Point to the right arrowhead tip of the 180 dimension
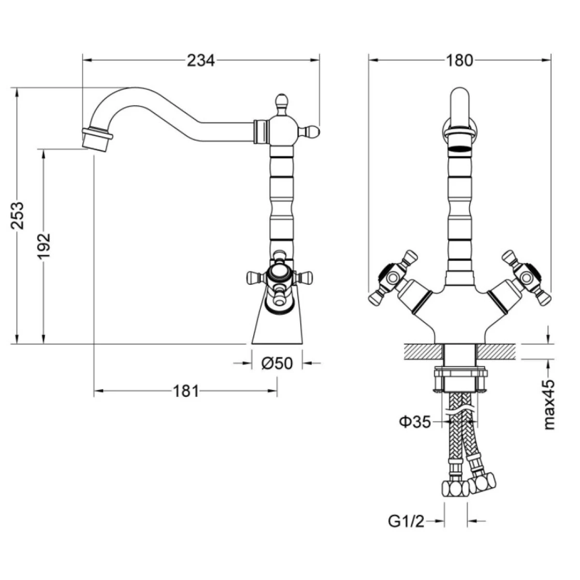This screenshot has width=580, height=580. [x=551, y=60]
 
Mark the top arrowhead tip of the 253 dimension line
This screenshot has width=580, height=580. [x=17, y=88]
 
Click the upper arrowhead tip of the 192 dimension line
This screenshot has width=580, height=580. [x=44, y=149]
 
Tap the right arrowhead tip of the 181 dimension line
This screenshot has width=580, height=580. [x=277, y=391]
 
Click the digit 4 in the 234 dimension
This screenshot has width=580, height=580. [x=210, y=60]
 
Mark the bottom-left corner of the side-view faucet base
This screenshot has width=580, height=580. [x=251, y=344]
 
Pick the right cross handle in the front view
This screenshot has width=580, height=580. [x=527, y=277]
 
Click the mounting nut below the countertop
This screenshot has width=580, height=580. [x=461, y=380]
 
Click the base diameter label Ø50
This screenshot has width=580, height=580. [x=277, y=363]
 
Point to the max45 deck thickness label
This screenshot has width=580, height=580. [x=549, y=405]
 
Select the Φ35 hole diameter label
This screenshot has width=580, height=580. [x=415, y=422]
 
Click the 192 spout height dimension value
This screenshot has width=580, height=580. [x=44, y=246]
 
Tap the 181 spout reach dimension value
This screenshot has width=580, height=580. [x=186, y=391]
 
